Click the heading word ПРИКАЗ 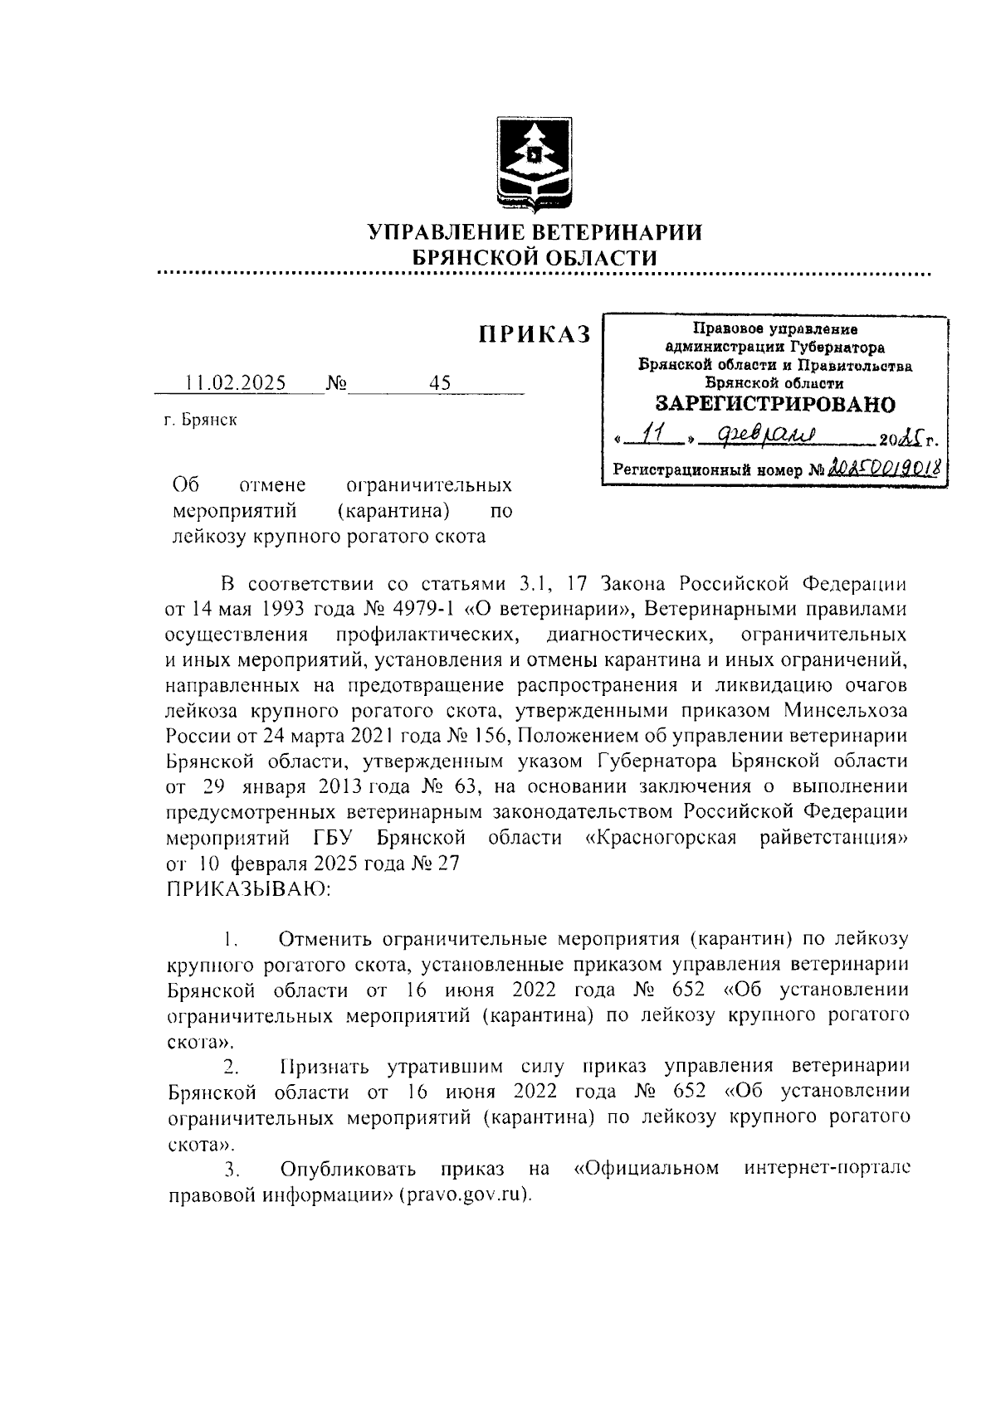point(535,333)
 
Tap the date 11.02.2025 point(236,383)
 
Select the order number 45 point(440,383)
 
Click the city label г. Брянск point(200,421)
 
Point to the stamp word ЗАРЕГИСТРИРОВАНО point(775,405)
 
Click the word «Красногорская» point(662,837)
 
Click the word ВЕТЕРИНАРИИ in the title point(611,232)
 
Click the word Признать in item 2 point(325,1067)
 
